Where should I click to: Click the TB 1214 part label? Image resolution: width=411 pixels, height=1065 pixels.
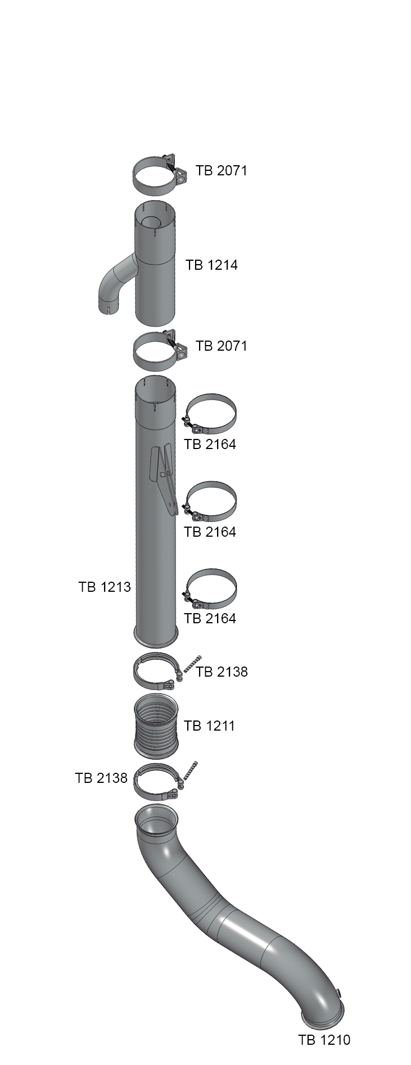(211, 265)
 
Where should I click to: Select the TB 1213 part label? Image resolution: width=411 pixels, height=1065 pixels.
(105, 587)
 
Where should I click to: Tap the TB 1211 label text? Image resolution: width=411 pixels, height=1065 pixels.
(209, 726)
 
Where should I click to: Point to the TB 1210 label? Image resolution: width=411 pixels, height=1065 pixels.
(324, 1040)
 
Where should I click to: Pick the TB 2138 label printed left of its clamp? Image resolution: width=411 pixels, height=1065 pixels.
(101, 778)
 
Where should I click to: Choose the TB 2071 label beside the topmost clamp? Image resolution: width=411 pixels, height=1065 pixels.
(222, 170)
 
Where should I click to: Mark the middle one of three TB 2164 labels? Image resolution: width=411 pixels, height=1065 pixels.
(210, 532)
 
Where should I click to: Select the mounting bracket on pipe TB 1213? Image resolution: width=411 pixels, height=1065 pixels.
(164, 478)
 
